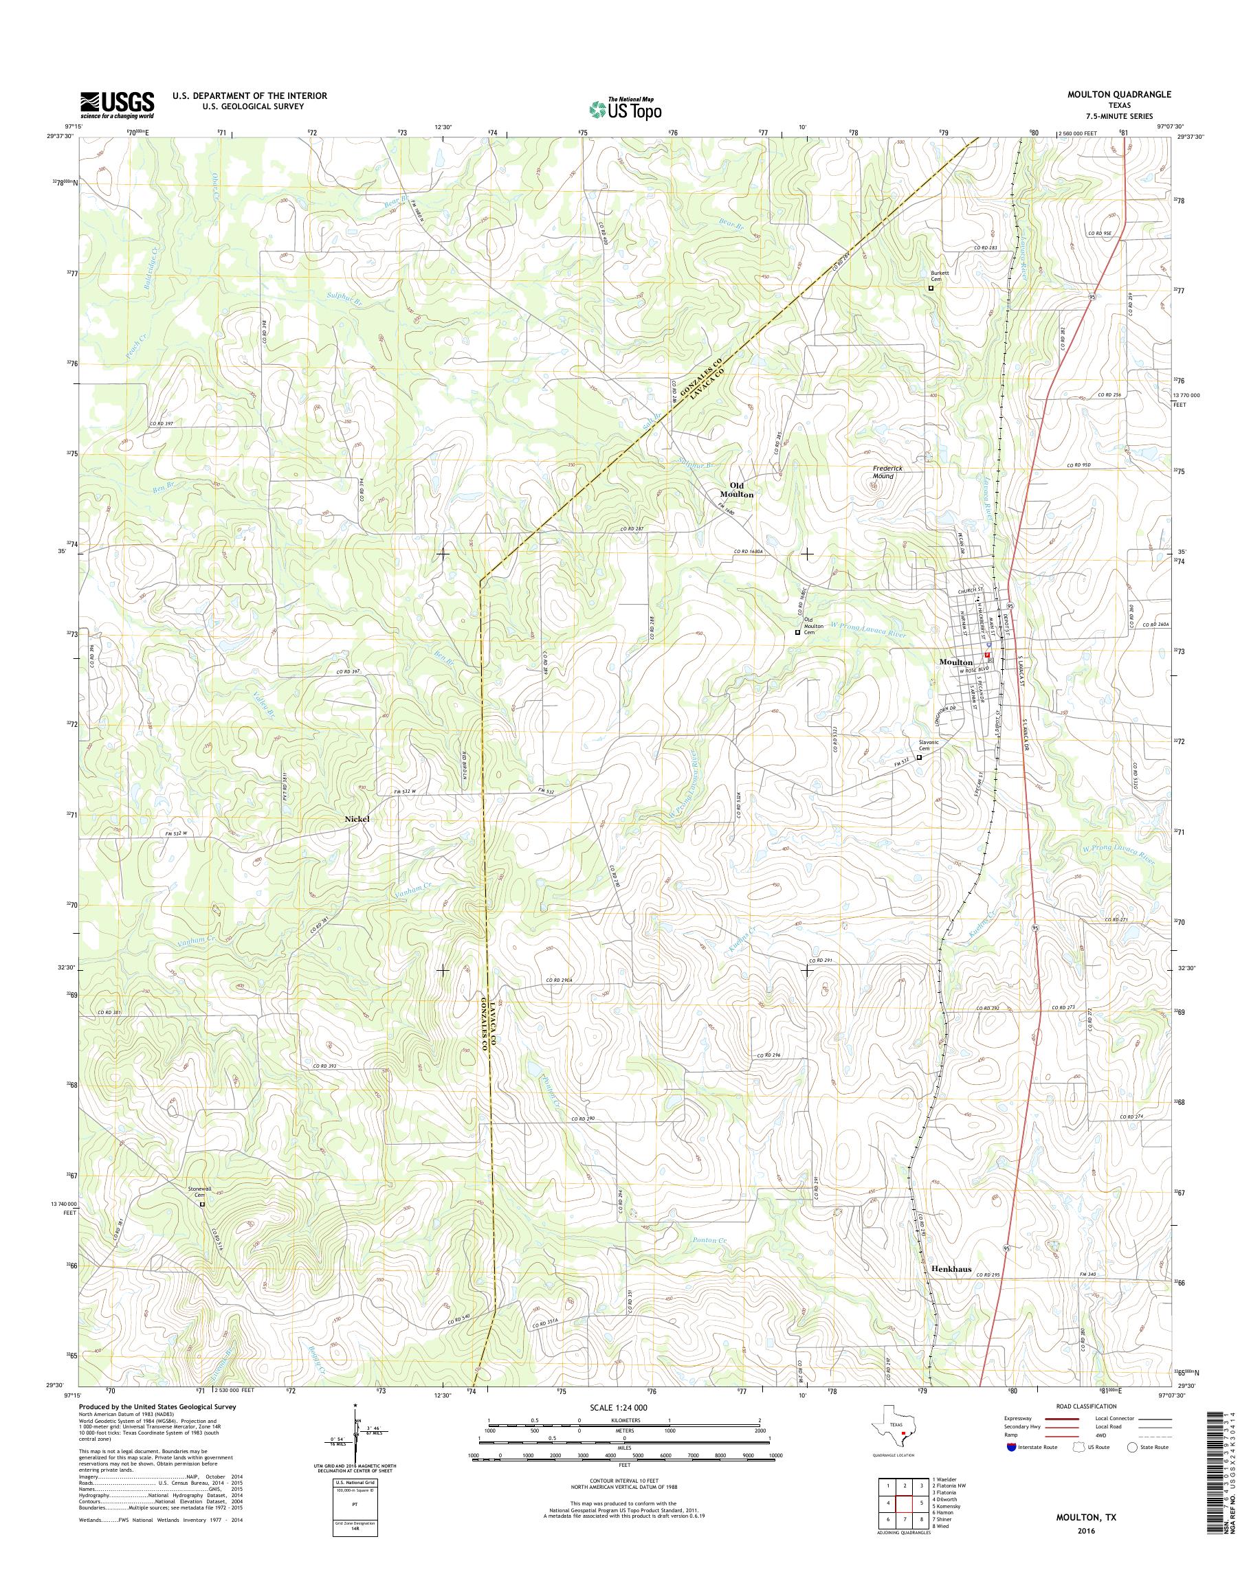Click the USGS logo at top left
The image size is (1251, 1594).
[117, 104]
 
